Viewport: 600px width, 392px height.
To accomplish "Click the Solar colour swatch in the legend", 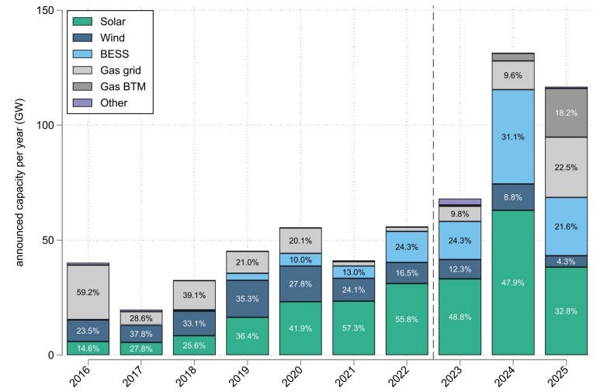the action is coord(82,22).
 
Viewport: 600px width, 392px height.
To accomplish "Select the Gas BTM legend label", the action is coord(123,86).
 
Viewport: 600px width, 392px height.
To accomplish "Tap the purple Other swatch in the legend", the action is coord(82,102).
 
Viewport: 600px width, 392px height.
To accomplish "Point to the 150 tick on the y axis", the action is coord(58,10).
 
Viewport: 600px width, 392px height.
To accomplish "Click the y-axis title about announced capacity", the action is coord(20,182).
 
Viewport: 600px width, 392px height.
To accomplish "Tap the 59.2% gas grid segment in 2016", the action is coord(88,292).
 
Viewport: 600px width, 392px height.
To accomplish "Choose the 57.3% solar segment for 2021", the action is coord(354,328).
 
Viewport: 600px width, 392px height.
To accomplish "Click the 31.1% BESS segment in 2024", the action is coord(513,137).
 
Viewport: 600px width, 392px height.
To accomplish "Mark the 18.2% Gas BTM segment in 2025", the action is coord(567,113).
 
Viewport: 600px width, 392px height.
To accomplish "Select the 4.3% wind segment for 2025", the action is coord(567,261).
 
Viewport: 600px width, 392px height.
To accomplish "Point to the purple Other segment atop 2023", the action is coord(460,202).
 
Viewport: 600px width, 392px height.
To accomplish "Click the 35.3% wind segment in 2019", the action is coord(247,299).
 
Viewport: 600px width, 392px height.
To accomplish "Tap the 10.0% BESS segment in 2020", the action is coord(300,259).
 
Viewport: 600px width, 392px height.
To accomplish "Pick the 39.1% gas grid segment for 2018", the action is coord(194,295).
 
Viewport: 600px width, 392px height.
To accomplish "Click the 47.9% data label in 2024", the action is coord(513,283).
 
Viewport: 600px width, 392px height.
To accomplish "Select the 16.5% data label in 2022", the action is coord(407,273).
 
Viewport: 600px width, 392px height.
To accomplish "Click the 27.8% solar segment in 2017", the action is coord(141,349).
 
